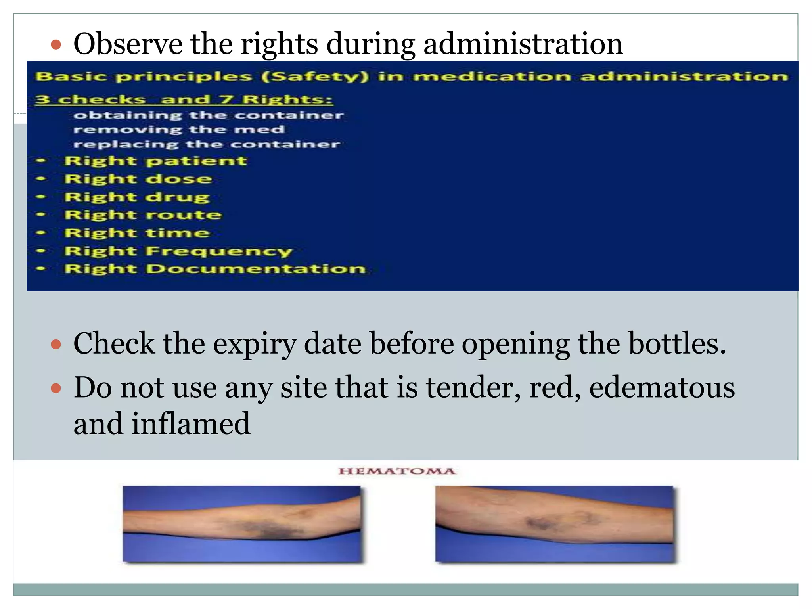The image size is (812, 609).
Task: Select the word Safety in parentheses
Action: click(x=315, y=76)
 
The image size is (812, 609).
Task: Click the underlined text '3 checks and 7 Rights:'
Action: click(x=184, y=99)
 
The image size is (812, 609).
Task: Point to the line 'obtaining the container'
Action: click(x=208, y=115)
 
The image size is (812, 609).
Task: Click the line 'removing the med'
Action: click(x=179, y=130)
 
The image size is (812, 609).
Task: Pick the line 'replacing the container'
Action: click(x=207, y=144)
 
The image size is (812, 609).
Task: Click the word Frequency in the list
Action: click(x=219, y=251)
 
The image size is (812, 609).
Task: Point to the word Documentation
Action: click(x=256, y=269)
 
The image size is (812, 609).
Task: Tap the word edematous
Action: click(x=662, y=387)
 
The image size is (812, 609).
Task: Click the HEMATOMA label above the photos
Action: click(x=397, y=471)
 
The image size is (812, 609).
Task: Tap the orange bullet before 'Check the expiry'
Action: click(x=56, y=344)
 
